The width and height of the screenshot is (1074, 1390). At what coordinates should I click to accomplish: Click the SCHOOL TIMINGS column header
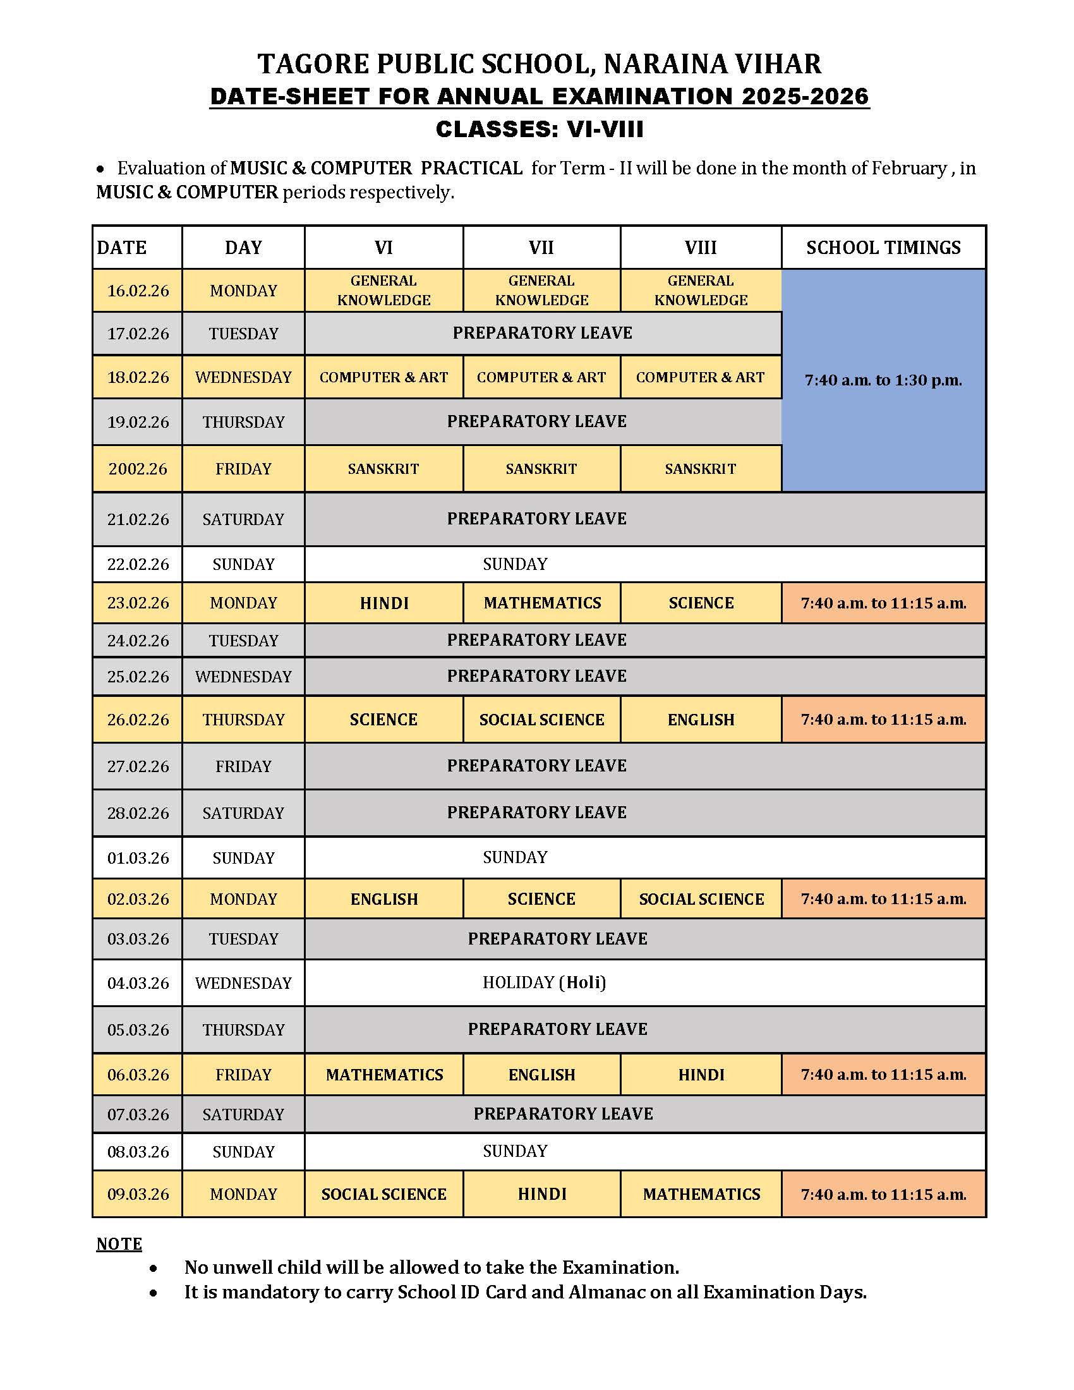click(883, 247)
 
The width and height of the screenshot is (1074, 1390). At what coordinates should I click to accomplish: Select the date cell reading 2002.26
click(138, 469)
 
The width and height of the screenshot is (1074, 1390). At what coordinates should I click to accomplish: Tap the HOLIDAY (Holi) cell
click(544, 982)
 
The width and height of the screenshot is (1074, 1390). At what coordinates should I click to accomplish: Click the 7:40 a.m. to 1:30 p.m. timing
click(883, 380)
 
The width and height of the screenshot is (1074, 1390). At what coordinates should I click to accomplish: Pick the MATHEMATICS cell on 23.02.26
click(542, 603)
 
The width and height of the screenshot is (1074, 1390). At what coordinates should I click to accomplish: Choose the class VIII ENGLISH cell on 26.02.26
click(701, 719)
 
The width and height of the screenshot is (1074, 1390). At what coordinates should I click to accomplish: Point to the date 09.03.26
click(138, 1194)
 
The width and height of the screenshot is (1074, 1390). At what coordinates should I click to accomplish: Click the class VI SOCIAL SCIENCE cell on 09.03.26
click(383, 1194)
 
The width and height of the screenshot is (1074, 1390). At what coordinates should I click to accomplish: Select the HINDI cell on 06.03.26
click(701, 1074)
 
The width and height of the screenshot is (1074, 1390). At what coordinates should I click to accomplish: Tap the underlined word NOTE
click(119, 1243)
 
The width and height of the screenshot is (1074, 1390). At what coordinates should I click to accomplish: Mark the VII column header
click(541, 247)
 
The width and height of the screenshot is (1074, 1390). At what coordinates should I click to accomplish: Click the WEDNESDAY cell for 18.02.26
click(243, 377)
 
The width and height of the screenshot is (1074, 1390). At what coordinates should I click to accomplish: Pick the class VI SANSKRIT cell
click(383, 469)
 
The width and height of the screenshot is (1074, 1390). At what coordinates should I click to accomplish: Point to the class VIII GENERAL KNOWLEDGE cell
click(701, 290)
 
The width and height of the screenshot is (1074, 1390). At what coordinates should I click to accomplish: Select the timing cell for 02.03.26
click(883, 898)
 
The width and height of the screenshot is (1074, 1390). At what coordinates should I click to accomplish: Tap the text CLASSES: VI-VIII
click(540, 129)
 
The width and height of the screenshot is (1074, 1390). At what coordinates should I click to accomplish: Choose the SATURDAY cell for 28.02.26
click(243, 813)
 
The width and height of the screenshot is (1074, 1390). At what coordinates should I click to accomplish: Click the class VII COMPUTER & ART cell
click(541, 377)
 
